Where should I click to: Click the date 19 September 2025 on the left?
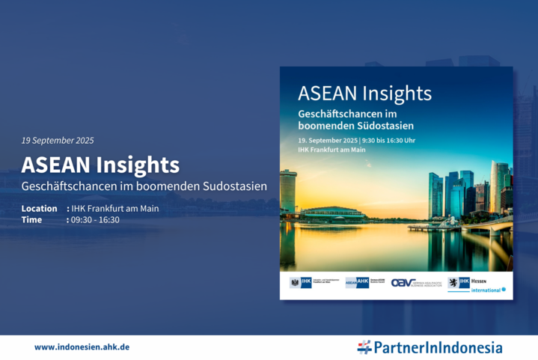point(58,140)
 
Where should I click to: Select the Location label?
point(39,208)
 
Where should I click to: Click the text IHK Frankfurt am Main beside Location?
point(114,208)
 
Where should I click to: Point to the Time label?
point(32,219)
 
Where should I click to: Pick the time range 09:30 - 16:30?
point(95,219)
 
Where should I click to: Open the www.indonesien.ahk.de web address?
point(82,347)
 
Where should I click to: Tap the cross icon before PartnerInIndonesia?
point(364,347)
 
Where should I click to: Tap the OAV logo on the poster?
point(414,283)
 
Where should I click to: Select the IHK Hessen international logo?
point(476,284)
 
